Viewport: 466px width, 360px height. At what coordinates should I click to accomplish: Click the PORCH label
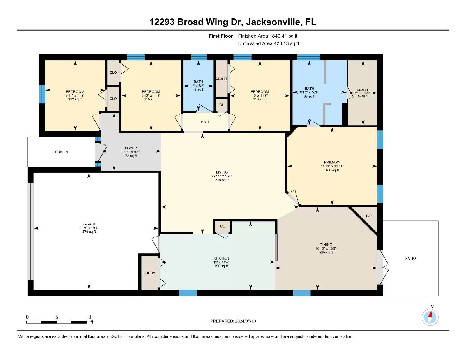[61, 152]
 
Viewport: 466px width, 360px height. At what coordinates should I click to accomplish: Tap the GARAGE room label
[89, 224]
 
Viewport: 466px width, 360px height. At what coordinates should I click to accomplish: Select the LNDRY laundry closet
[149, 273]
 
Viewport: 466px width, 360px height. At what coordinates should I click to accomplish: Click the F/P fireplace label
[369, 216]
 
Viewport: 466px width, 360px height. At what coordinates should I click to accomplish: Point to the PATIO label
[410, 258]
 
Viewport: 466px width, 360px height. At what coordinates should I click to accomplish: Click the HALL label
[205, 122]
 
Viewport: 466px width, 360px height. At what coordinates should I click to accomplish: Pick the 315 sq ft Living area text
[222, 180]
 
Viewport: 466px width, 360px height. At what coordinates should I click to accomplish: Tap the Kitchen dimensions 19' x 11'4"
[221, 262]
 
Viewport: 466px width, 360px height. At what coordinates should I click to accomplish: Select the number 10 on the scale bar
[88, 317]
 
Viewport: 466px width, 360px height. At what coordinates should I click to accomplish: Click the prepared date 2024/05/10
[245, 321]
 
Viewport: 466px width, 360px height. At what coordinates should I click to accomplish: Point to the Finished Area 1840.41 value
[278, 36]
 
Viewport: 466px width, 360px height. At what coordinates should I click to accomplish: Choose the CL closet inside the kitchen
[222, 226]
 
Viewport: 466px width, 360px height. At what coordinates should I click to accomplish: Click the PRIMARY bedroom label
[332, 162]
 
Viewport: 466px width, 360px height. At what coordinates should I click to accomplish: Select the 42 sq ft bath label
[198, 89]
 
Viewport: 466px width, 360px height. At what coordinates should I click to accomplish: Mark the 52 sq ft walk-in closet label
[362, 96]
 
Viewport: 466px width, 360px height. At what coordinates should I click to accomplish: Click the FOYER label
[131, 148]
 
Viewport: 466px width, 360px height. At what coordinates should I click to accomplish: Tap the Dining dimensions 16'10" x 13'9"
[326, 248]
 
